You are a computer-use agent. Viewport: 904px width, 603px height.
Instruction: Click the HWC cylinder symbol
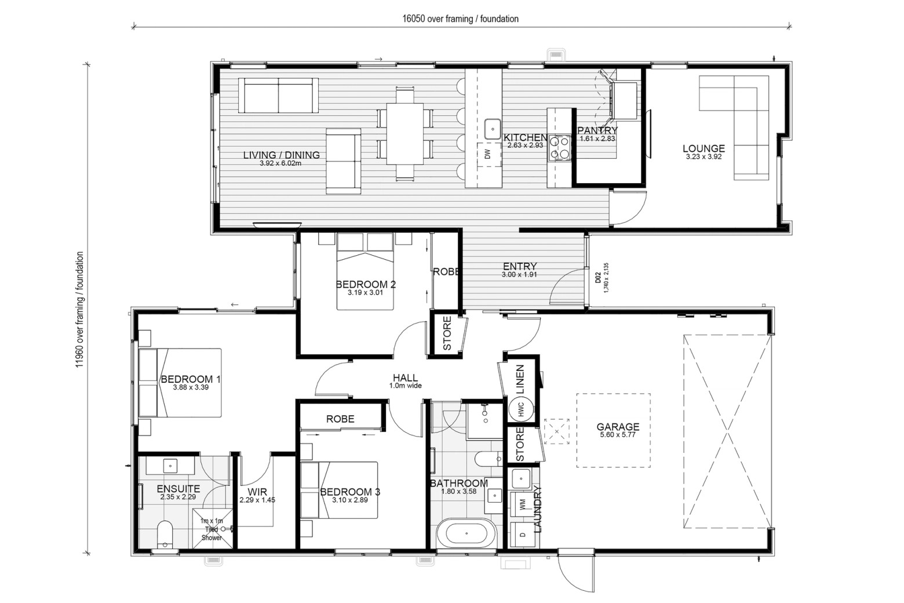tap(520, 409)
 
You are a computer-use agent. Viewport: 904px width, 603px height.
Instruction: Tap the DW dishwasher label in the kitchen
tap(487, 154)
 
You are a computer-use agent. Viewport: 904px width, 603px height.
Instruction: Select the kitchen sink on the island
tap(493, 129)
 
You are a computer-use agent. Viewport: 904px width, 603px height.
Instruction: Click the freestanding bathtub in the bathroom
tap(466, 533)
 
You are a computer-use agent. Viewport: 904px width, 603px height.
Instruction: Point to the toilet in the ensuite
tap(165, 533)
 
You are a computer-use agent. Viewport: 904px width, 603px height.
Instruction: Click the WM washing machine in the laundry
tap(523, 504)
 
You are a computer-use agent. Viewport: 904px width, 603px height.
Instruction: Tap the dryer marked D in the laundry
tap(523, 535)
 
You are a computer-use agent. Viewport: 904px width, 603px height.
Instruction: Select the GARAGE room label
tap(618, 427)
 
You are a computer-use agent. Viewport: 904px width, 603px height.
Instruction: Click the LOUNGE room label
tap(704, 148)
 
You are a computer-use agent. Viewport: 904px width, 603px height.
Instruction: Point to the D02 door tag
tap(598, 278)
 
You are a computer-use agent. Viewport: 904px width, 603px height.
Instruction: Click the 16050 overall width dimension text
tap(461, 19)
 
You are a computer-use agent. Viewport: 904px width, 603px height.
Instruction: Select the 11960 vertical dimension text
tap(79, 310)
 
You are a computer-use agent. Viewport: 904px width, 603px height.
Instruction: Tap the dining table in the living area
tap(405, 134)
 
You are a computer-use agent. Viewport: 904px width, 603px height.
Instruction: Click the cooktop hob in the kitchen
tap(559, 148)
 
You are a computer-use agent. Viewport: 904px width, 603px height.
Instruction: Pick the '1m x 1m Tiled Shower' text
tap(212, 529)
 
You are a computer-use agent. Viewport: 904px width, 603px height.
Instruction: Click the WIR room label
tap(257, 492)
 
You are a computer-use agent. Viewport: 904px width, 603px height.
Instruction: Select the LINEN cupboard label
tap(520, 379)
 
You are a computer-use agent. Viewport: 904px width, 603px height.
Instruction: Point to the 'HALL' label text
tap(405, 377)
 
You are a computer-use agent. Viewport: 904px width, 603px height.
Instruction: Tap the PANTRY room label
tap(597, 130)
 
